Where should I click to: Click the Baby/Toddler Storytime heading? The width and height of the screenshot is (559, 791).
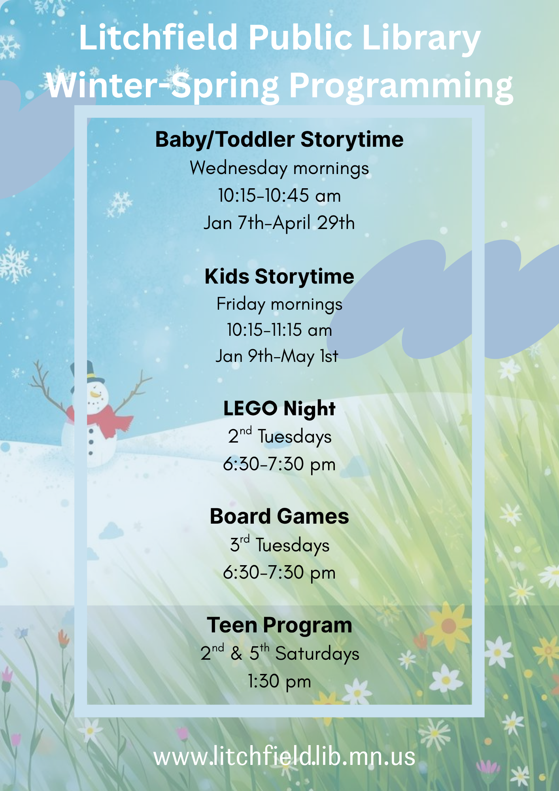pos(279,140)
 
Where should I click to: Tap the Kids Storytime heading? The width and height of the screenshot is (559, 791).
pos(279,276)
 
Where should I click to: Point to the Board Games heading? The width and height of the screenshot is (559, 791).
pos(279,517)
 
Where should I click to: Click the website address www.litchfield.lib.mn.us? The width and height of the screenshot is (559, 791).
pos(284,756)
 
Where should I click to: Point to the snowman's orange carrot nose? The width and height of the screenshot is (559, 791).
pos(95,394)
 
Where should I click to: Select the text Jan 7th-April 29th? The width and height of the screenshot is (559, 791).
pos(279,223)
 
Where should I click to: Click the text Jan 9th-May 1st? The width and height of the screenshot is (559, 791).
pos(277,356)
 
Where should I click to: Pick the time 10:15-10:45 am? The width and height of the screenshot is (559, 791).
pos(279,196)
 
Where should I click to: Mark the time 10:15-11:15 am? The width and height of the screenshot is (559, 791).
pos(279,330)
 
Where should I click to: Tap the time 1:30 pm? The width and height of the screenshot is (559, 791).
pos(279,681)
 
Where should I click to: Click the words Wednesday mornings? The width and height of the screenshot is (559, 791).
pos(279,168)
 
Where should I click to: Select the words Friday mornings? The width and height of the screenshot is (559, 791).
pos(279,305)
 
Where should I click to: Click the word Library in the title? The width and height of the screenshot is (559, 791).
pos(421,39)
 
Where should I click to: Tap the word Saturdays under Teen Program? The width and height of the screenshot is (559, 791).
pos(317,654)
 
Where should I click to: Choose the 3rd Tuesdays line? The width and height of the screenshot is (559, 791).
pos(279,545)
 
